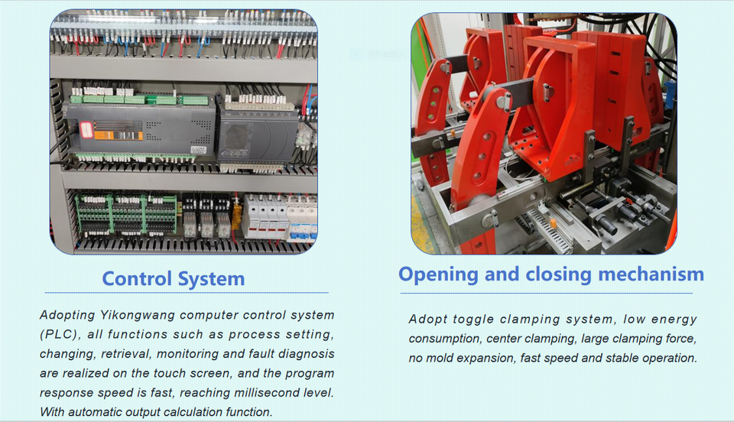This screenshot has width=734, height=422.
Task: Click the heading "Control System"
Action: click(174, 279)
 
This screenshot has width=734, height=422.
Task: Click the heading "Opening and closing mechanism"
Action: click(551, 274)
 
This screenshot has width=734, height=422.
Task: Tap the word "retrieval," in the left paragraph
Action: click(126, 354)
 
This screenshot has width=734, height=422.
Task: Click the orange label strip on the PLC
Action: click(119, 135)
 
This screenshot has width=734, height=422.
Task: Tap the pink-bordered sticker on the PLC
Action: click(86, 130)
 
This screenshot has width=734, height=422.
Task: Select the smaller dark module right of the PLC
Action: click(258, 138)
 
